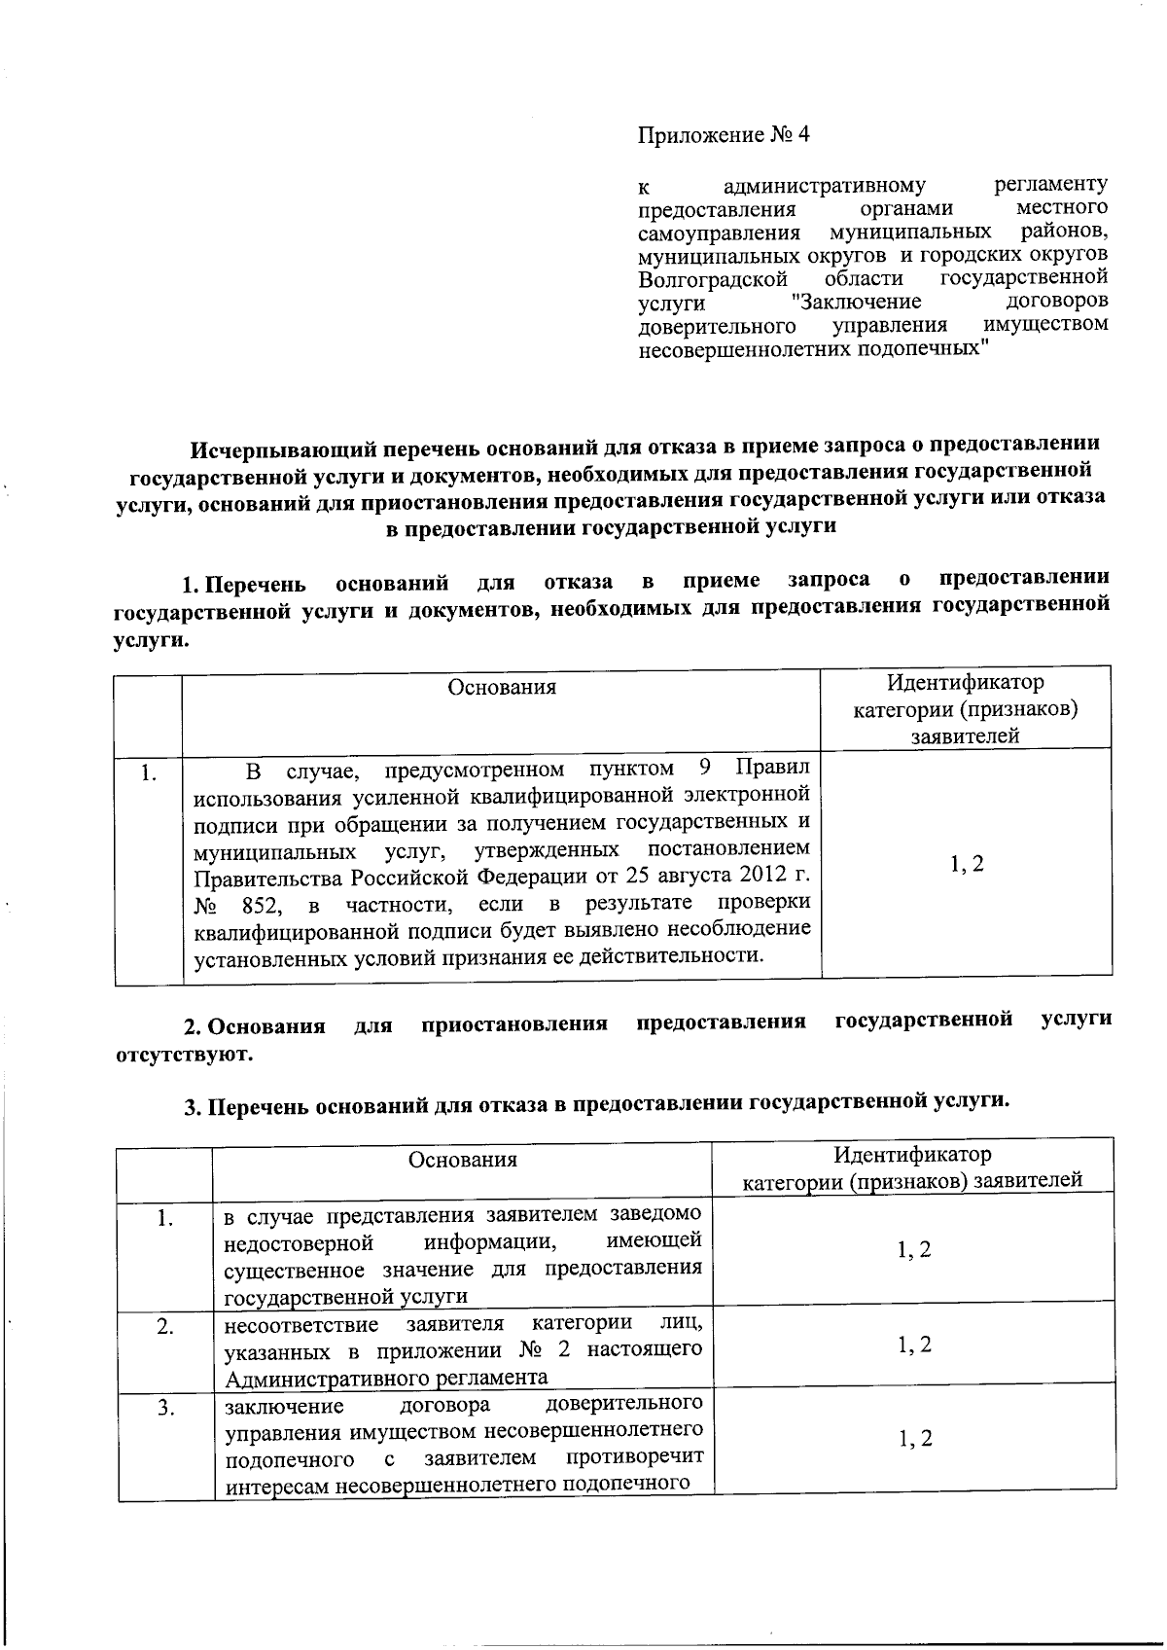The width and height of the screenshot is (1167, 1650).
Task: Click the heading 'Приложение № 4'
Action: tap(724, 135)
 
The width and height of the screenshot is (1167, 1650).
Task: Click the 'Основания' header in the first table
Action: tap(502, 688)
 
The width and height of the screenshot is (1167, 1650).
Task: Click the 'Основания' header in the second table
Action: tap(463, 1160)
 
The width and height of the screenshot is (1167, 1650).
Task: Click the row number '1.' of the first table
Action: tap(149, 774)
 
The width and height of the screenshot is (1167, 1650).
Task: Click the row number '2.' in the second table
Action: tap(165, 1326)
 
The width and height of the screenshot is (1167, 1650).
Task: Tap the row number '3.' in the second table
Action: tap(165, 1407)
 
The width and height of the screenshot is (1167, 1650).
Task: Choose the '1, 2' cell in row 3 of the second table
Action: tap(914, 1439)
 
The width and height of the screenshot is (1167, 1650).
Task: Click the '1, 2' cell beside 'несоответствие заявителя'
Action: tap(914, 1345)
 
